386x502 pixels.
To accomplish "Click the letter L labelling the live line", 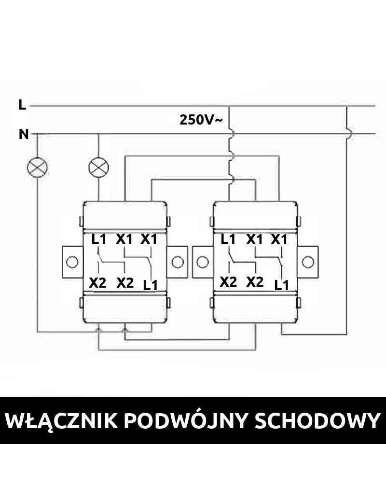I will tap(22, 105).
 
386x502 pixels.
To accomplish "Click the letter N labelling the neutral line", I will tap(24, 135).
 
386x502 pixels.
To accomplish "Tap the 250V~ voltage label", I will tap(201, 120).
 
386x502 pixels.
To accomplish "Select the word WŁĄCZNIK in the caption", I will tap(61, 421).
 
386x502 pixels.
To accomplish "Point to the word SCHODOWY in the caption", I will tap(316, 421).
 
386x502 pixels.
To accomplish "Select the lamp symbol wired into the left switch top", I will tap(99, 167).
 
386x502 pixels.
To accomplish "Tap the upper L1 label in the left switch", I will tap(98, 239).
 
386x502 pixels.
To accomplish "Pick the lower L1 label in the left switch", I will tap(151, 285).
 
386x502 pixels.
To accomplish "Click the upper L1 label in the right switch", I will tap(228, 239).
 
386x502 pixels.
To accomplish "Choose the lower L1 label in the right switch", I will tap(281, 285).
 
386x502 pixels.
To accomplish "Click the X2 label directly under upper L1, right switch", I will tap(228, 282).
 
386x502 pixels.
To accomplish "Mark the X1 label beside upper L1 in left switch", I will tap(124, 239).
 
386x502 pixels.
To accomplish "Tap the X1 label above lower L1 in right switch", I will tap(279, 239).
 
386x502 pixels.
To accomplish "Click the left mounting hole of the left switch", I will tap(72, 262).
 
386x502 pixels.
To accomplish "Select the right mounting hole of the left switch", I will tap(177, 262).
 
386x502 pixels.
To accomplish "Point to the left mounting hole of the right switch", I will tap(203, 262).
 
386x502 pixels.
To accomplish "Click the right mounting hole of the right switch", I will tap(307, 262).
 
